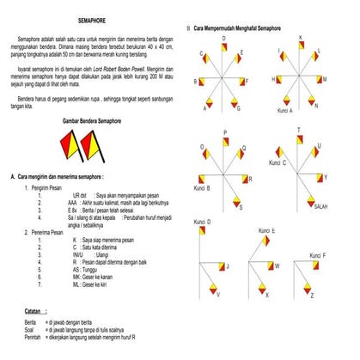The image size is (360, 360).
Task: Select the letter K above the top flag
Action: pos(301,39)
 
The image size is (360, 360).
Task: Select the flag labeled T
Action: pos(300,140)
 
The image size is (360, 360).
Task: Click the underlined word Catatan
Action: pos(35,308)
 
